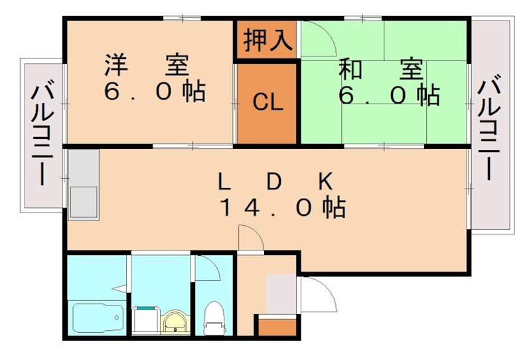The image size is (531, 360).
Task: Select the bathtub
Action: [96, 319]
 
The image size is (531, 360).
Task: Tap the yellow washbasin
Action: [175, 321]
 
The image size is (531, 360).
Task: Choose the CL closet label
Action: [267, 102]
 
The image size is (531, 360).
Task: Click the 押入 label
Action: [267, 41]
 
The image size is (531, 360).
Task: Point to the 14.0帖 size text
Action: [282, 209]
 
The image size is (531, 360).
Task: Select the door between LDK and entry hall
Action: [251, 240]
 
